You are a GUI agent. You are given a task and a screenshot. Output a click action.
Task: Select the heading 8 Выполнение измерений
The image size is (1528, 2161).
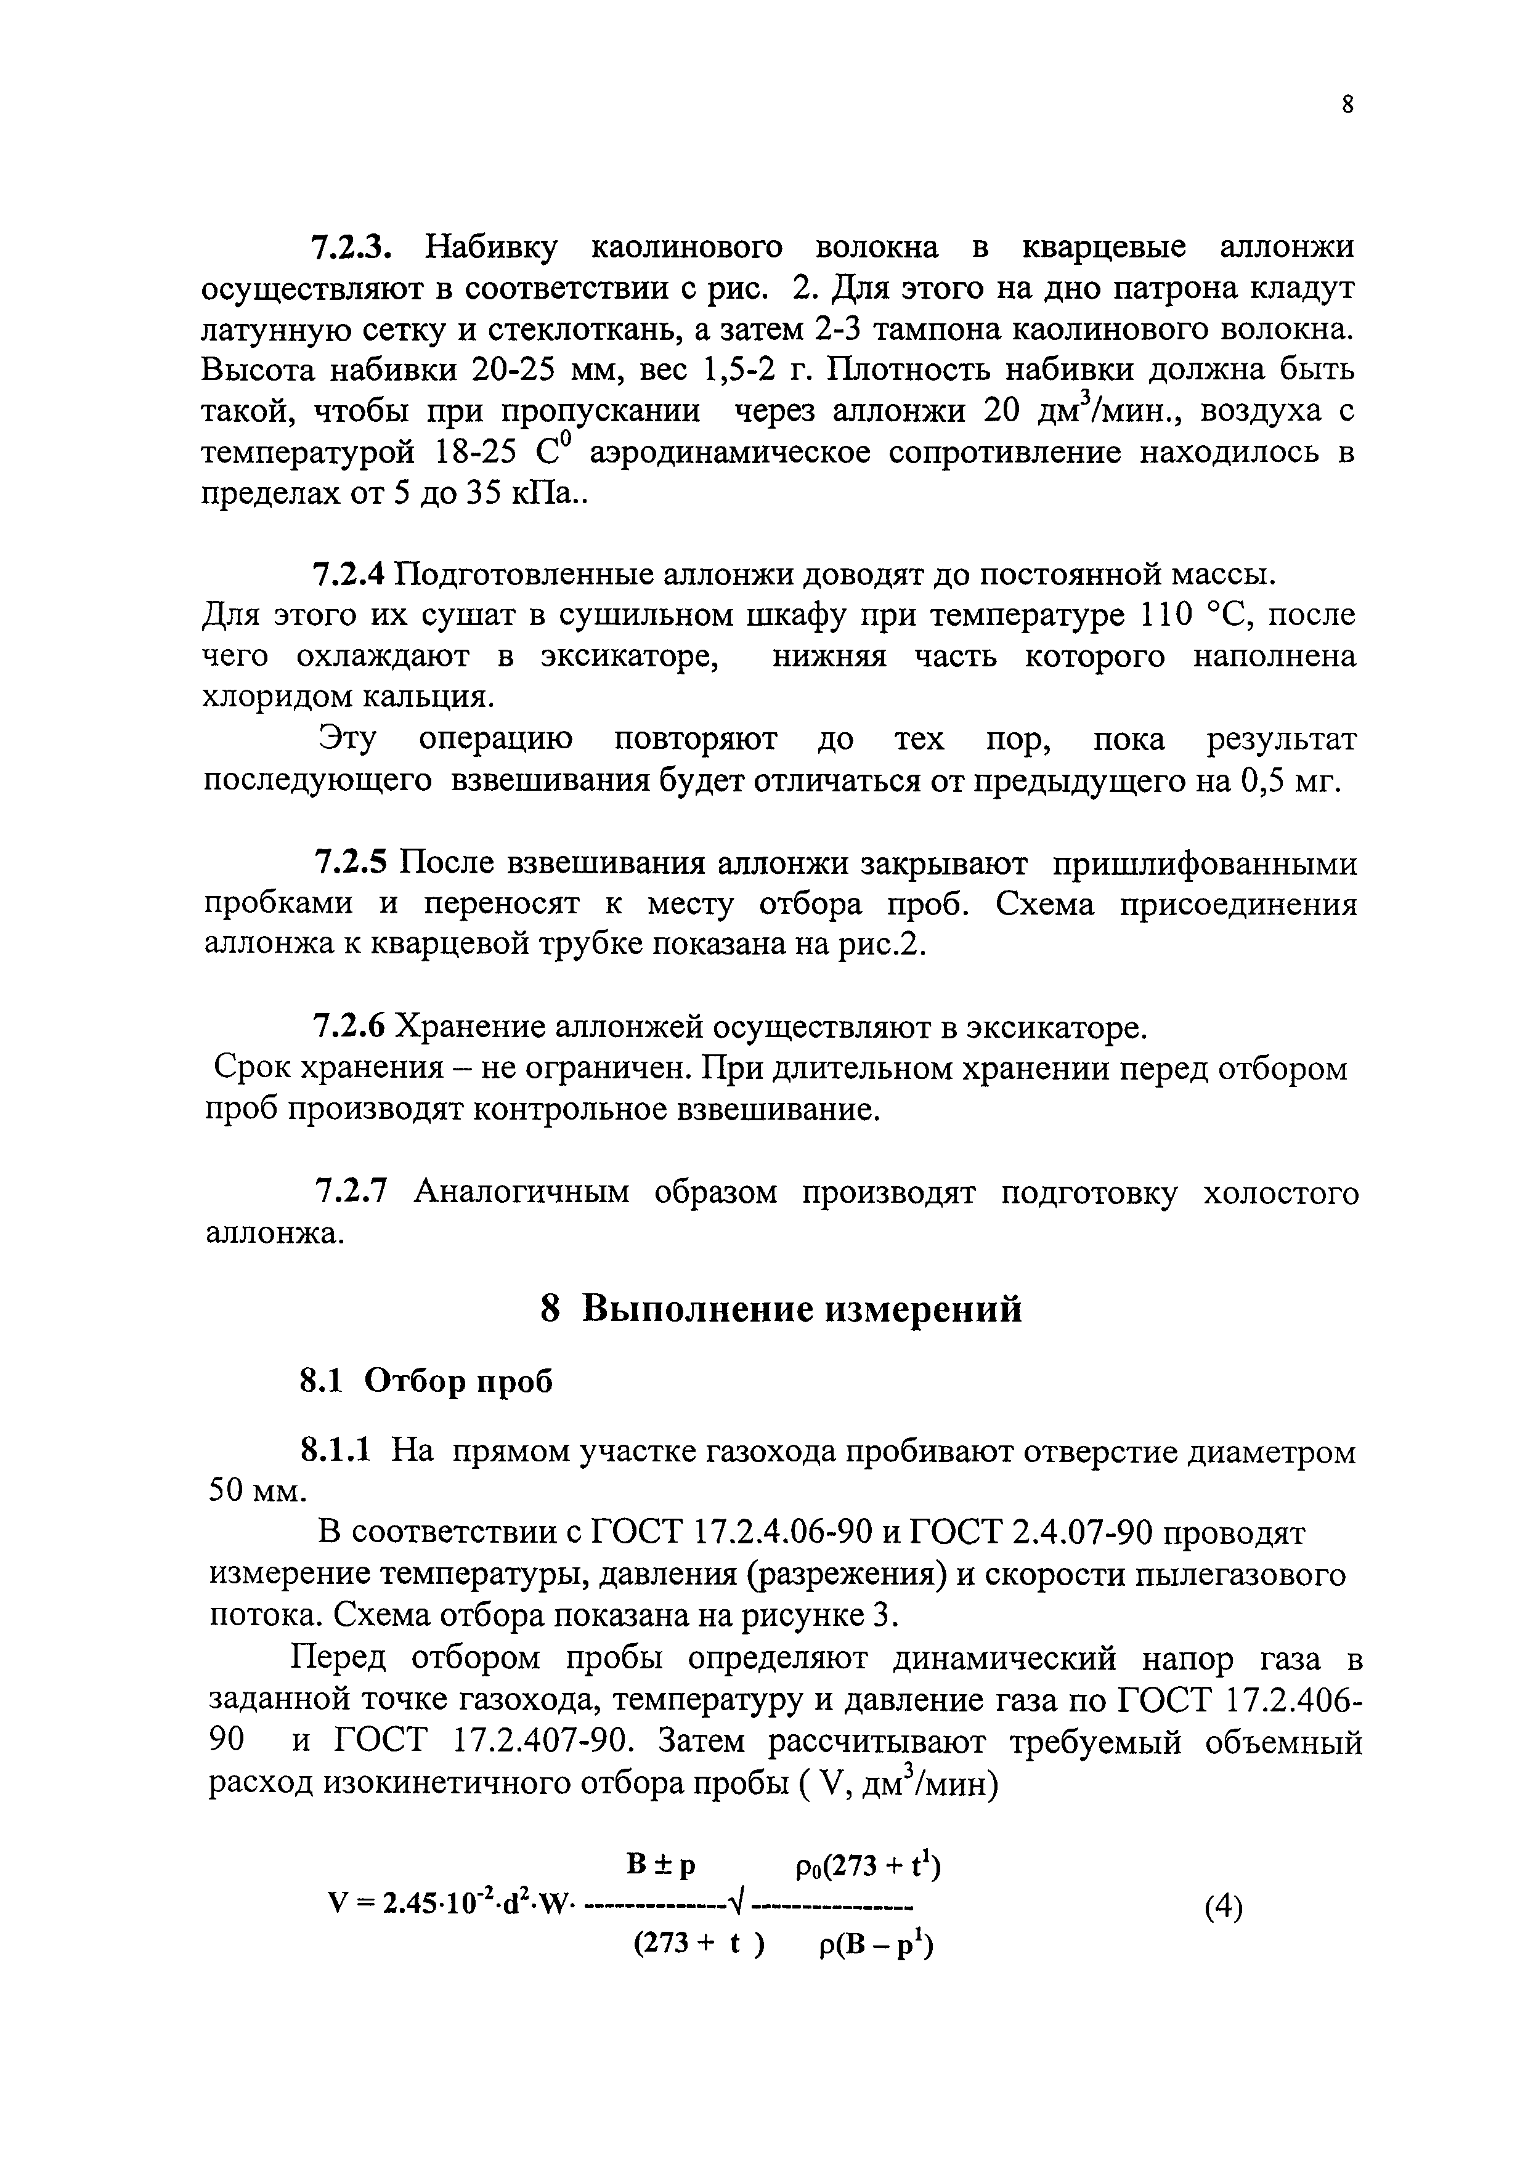coord(781,1308)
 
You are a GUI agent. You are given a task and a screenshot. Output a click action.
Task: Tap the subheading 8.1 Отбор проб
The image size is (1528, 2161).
coord(426,1381)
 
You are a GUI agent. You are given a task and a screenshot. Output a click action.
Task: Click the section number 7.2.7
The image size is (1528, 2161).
coord(349,1192)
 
